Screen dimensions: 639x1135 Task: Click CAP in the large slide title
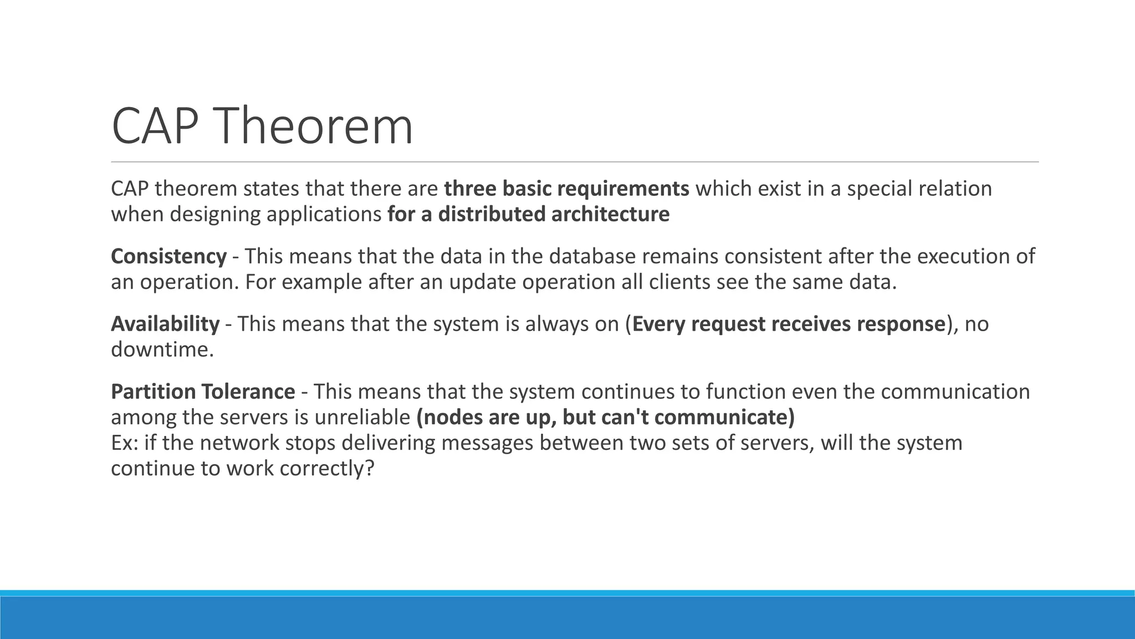tap(155, 126)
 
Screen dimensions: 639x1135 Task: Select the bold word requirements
tap(623, 189)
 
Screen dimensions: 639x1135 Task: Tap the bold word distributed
tap(491, 214)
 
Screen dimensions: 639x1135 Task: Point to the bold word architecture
tap(610, 214)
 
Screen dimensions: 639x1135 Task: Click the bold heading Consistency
tap(168, 257)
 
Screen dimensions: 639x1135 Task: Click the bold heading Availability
tap(165, 324)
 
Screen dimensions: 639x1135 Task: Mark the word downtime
tap(162, 349)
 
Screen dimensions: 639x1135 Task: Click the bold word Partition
tap(152, 392)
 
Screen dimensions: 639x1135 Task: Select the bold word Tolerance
tap(248, 392)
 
